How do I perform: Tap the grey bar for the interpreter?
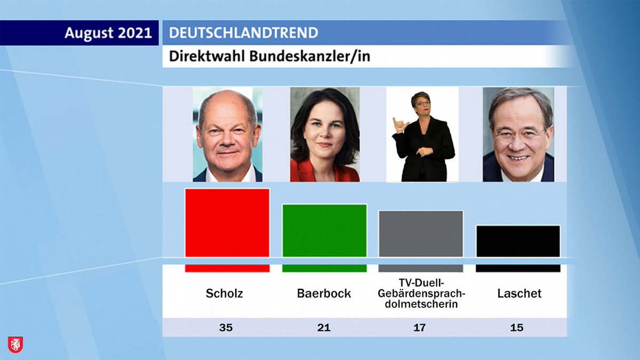421,234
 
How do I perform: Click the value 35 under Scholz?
226,327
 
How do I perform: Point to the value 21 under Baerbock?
324,327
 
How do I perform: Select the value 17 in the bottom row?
420,327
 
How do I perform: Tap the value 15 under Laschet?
517,327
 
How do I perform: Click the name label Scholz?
225,293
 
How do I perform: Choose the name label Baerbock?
324,293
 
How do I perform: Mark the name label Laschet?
519,293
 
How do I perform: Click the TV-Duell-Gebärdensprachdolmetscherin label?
421,293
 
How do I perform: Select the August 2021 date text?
108,33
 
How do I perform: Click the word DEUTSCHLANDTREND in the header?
243,33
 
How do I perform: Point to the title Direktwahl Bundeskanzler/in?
269,57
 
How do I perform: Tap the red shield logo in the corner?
15,344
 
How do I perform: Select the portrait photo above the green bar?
325,134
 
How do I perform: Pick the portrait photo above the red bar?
228,134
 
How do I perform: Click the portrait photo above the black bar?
518,134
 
